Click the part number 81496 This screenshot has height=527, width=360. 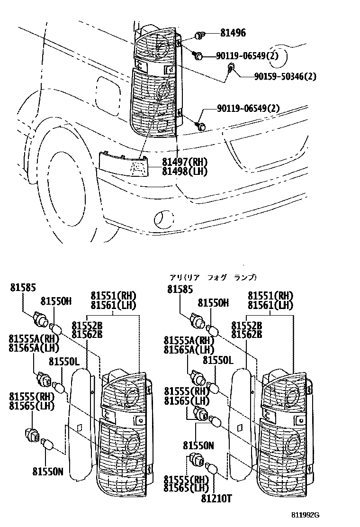233,33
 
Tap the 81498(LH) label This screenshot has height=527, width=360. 185,172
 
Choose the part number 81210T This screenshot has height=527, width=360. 216,498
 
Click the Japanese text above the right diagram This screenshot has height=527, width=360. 213,278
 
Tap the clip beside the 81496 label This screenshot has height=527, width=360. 200,35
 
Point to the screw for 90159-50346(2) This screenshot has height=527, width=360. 231,67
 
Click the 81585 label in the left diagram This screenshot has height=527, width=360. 22,288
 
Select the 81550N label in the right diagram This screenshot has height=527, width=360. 199,445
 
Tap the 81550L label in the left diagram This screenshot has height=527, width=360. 63,362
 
